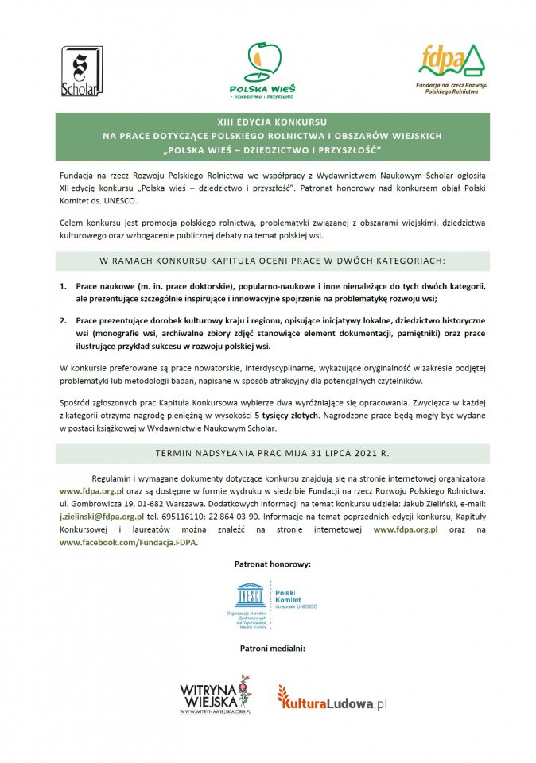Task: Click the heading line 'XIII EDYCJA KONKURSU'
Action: point(272,124)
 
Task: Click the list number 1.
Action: point(64,285)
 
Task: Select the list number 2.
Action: point(64,320)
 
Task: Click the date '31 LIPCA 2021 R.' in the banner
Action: point(360,454)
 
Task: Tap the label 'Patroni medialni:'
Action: point(272,649)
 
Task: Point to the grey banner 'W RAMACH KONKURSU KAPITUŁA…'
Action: point(272,261)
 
